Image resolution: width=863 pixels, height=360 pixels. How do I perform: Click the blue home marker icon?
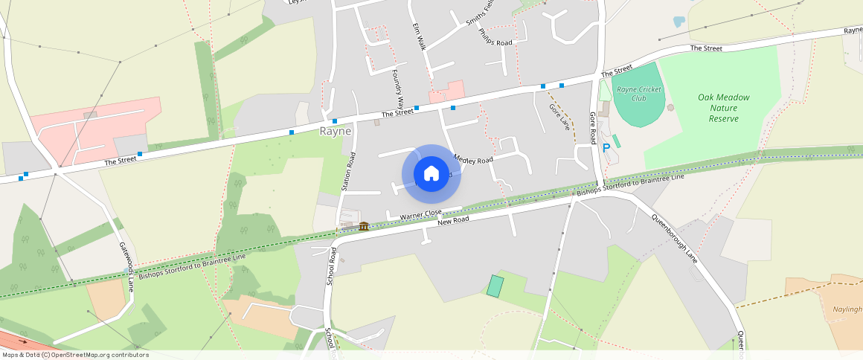pyautogui.click(x=431, y=174)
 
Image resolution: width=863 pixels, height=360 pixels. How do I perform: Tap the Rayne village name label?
pyautogui.click(x=335, y=131)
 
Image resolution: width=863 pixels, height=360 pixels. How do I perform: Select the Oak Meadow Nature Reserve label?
pyautogui.click(x=724, y=108)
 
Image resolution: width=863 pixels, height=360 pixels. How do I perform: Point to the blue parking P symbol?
pyautogui.click(x=606, y=147)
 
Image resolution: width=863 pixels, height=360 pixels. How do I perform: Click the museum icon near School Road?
pyautogui.click(x=364, y=225)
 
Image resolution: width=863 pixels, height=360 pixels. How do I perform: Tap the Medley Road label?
pyautogui.click(x=473, y=160)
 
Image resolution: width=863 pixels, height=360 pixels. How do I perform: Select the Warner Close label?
pyautogui.click(x=421, y=215)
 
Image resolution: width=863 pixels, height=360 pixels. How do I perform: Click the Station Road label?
pyautogui.click(x=348, y=172)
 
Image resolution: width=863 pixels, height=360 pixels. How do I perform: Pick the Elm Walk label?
pyautogui.click(x=419, y=36)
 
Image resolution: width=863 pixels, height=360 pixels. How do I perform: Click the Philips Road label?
pyautogui.click(x=495, y=37)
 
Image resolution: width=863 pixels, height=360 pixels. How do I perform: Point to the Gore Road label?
pyautogui.click(x=593, y=128)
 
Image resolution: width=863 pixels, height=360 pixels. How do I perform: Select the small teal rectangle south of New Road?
pyautogui.click(x=495, y=286)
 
